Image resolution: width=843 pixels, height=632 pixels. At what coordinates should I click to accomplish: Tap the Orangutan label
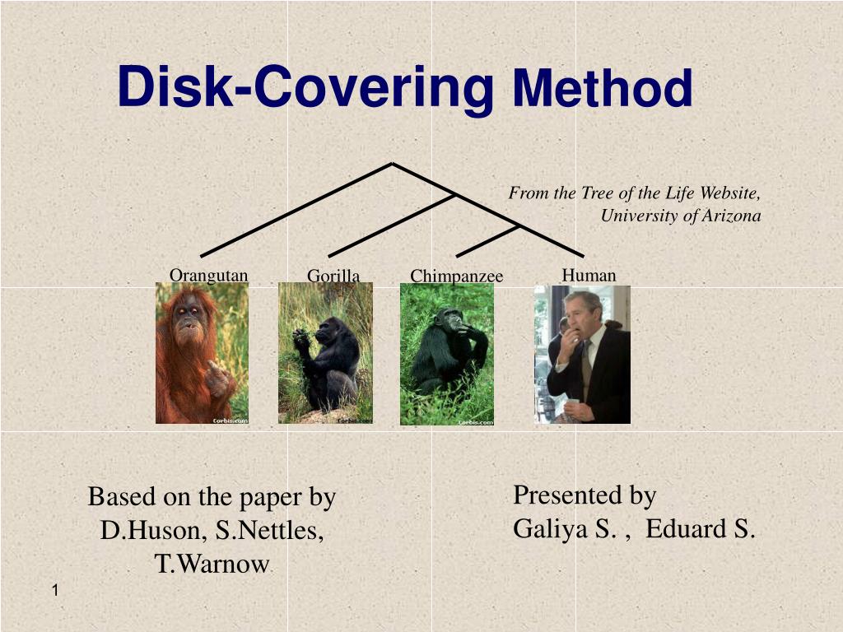point(208,275)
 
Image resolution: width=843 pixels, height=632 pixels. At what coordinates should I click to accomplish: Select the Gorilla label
point(333,276)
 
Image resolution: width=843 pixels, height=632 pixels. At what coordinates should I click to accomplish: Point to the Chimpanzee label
point(456,276)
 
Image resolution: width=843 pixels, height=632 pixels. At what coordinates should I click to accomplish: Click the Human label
point(589,275)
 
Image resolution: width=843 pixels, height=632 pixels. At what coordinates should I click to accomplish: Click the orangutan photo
point(202,354)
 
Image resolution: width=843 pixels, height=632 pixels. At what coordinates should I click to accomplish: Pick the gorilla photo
point(325,354)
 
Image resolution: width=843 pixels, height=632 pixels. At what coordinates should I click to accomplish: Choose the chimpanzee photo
point(447,355)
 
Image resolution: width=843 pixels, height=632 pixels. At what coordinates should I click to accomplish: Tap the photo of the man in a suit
point(582,355)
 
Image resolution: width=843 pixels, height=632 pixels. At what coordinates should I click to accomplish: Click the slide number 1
point(54,591)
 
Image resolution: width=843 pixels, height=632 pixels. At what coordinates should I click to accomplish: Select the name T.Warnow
point(212,565)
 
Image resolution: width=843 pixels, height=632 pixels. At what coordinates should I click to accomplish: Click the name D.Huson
point(153,531)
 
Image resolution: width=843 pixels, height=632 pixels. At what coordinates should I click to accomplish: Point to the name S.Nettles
point(269,531)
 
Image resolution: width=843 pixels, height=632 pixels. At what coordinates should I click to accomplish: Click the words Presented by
point(585,495)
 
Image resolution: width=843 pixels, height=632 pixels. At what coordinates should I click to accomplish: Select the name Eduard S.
point(700,528)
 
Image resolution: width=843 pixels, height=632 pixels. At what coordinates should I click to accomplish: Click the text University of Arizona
point(680,216)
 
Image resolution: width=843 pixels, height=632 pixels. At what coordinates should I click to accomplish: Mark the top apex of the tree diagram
point(392,164)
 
